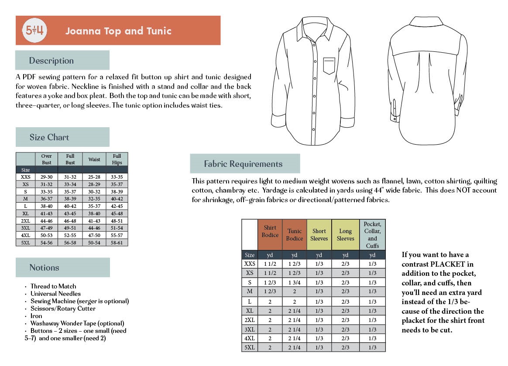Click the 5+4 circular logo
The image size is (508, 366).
coord(34,30)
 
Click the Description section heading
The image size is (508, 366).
coord(51,61)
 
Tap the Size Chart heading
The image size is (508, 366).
coord(49,137)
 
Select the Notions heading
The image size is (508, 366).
coord(44,268)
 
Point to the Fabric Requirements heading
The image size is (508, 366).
coord(243,164)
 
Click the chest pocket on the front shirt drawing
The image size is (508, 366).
coord(329,66)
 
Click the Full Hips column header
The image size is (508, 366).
coord(117,159)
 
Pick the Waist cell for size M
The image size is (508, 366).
coord(94,199)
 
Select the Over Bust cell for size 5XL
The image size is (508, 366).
coord(46,243)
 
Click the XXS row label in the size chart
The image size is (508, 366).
coord(25,177)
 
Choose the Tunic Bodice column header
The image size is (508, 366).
coord(295,235)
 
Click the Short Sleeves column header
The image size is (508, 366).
coord(319,235)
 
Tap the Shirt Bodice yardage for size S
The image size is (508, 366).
coord(270,282)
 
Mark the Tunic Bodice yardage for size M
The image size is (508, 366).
coord(295,291)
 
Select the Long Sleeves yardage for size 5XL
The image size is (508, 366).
coord(345,347)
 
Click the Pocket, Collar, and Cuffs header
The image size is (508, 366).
coord(372,235)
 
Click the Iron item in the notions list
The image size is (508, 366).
coord(36,316)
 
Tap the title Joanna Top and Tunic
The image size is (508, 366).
coord(118,31)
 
